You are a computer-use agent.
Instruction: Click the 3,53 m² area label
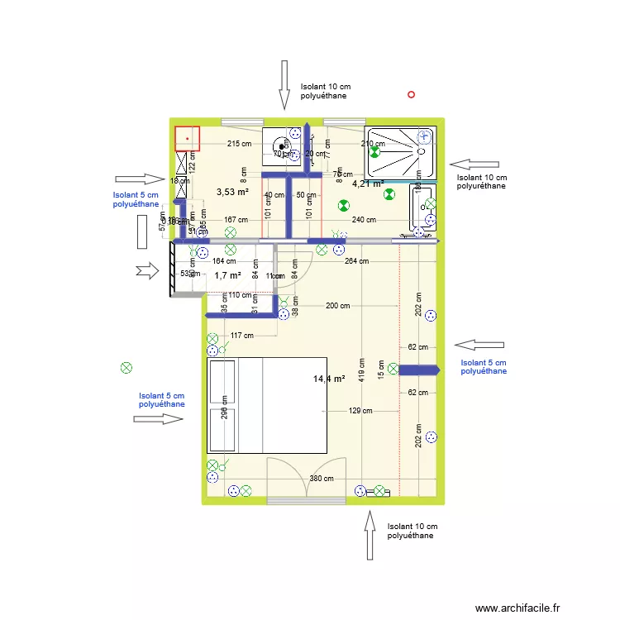[232, 192]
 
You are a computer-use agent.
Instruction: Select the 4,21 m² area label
[368, 184]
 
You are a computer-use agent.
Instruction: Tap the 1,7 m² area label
[227, 275]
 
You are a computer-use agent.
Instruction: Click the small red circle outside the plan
[412, 94]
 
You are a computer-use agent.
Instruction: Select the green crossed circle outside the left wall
[126, 368]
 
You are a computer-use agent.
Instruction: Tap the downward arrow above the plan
[284, 84]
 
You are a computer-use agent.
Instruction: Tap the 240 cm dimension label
[364, 220]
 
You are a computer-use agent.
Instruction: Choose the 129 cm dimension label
[360, 411]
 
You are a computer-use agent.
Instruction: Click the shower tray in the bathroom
[400, 152]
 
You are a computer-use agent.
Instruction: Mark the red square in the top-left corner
[188, 138]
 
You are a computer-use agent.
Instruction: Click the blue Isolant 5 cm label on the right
[484, 367]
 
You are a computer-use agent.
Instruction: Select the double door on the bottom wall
[307, 479]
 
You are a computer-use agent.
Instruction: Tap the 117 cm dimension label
[241, 336]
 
